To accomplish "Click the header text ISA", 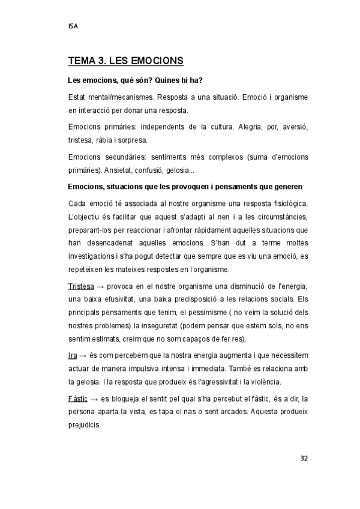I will (74, 26).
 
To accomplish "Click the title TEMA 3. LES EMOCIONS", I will (126, 61).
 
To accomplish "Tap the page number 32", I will (304, 457).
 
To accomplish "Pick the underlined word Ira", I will (73, 356).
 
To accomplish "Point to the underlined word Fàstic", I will (80, 399).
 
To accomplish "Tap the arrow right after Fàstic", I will (98, 399).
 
